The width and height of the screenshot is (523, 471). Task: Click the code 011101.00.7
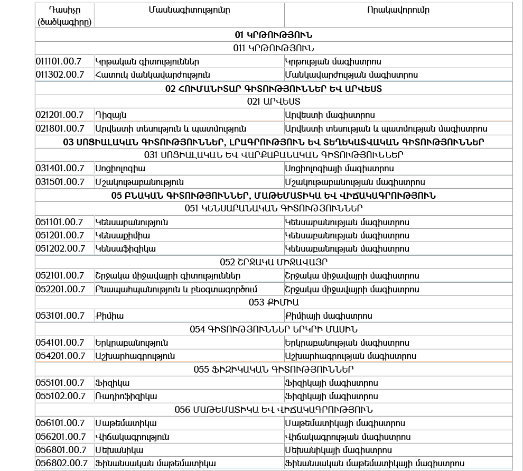[x=60, y=61]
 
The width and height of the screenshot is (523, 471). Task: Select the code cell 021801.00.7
[x=60, y=128]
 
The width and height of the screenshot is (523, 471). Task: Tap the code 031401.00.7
[x=60, y=168]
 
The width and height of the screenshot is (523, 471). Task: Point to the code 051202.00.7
[x=60, y=248]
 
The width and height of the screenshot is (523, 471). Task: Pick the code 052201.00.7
[x=60, y=289]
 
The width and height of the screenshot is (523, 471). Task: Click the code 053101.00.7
[x=60, y=316]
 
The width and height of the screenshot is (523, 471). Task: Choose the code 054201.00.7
[x=60, y=356]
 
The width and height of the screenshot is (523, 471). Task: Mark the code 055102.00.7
[x=60, y=396]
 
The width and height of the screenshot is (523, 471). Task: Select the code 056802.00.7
[x=61, y=463]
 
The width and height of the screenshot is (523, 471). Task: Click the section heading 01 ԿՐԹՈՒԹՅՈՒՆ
[x=274, y=35]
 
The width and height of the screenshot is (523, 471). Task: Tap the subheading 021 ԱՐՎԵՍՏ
[x=274, y=101]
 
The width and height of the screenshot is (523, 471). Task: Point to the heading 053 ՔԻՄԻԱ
[x=274, y=302]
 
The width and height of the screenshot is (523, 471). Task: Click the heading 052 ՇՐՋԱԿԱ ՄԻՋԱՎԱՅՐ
[x=274, y=262]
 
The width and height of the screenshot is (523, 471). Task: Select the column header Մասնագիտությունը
[x=189, y=10]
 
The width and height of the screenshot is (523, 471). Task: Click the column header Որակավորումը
[x=398, y=10]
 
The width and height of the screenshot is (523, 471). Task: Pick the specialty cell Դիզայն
[x=111, y=115]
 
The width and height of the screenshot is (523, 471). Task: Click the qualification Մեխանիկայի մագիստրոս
[x=338, y=450]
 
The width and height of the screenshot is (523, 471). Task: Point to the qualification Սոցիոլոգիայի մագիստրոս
[x=339, y=168]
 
